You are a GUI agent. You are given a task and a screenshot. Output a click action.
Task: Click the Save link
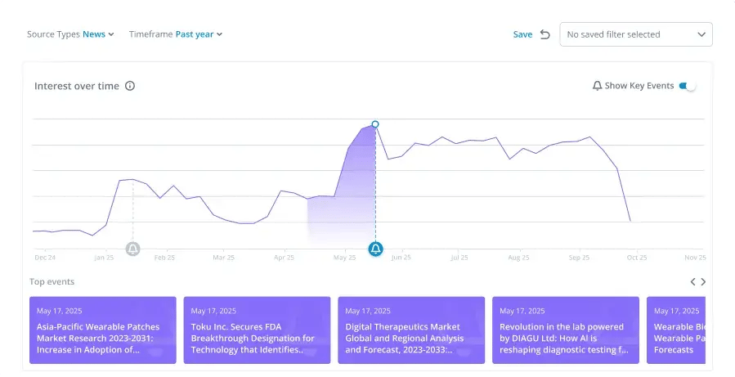pyautogui.click(x=522, y=34)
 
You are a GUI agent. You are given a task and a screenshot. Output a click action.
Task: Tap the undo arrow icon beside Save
pyautogui.click(x=545, y=34)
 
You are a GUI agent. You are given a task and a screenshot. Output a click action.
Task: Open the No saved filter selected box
pyautogui.click(x=636, y=34)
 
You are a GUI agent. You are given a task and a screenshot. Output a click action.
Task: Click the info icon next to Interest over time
pyautogui.click(x=130, y=86)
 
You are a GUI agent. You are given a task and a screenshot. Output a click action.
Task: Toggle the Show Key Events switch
pyautogui.click(x=688, y=86)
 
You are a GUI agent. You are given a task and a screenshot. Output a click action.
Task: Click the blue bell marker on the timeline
pyautogui.click(x=375, y=249)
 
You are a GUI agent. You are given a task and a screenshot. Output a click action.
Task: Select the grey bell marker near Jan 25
pyautogui.click(x=133, y=249)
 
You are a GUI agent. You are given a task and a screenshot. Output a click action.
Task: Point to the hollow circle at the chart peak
pyautogui.click(x=375, y=124)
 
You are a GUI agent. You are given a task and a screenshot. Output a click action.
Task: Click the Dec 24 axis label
pyautogui.click(x=45, y=258)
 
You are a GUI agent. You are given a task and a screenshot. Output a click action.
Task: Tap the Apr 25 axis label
pyautogui.click(x=284, y=258)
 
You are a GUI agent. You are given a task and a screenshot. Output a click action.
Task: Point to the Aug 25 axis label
pyautogui.click(x=518, y=258)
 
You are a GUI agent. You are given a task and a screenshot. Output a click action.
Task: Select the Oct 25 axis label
pyautogui.click(x=637, y=258)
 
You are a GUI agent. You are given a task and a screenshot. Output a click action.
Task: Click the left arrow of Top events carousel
pyautogui.click(x=692, y=282)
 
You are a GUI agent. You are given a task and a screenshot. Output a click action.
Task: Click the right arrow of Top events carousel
pyautogui.click(x=703, y=282)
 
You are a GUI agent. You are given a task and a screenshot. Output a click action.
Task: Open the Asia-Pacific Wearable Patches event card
pyautogui.click(x=103, y=330)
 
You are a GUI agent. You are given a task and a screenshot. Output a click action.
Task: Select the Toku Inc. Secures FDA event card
pyautogui.click(x=257, y=330)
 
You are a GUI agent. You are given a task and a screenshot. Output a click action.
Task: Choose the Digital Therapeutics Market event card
pyautogui.click(x=411, y=330)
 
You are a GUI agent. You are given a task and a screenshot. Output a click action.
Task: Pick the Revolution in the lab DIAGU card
pyautogui.click(x=566, y=330)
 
